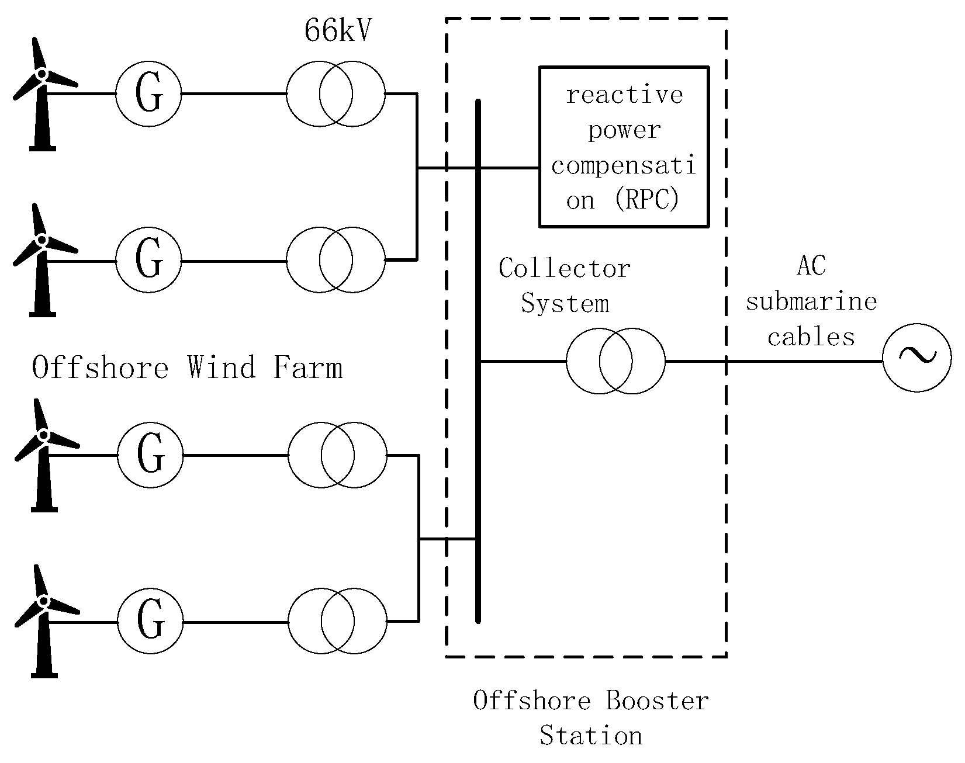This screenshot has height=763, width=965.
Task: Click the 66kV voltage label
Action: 337,31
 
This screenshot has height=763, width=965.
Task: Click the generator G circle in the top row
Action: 148,93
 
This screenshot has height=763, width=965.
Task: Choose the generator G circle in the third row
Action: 150,455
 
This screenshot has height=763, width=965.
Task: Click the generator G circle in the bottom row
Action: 150,621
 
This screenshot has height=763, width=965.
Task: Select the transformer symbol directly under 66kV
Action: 336,93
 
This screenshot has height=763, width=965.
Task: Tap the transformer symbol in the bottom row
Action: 337,621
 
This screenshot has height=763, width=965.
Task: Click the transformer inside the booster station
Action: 615,361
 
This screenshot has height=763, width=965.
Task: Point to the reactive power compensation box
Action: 624,147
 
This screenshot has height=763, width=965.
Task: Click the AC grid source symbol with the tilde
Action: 916,357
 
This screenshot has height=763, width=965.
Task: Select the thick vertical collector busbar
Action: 478,361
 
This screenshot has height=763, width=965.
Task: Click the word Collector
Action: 564,269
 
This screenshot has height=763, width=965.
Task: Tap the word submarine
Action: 811,302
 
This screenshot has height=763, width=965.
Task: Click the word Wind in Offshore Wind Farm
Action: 222,368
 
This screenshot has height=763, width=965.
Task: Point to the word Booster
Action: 657,700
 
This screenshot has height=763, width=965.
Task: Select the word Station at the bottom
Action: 590,735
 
